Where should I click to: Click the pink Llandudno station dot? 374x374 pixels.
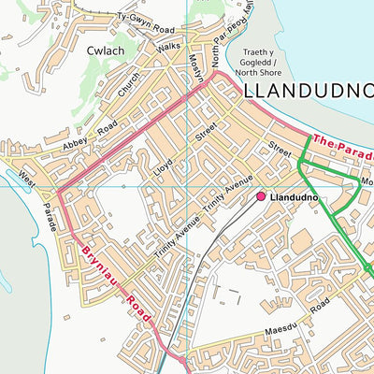click(261, 197)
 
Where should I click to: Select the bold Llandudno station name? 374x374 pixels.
click(295, 198)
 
